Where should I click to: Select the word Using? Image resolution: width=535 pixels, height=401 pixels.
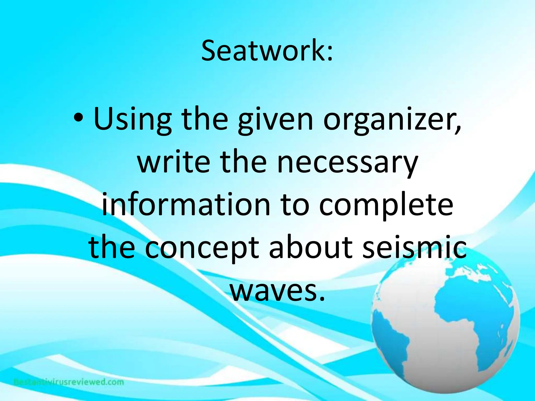132,120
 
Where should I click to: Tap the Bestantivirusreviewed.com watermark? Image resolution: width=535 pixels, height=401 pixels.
69,382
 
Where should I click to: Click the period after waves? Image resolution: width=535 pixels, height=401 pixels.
321,297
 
